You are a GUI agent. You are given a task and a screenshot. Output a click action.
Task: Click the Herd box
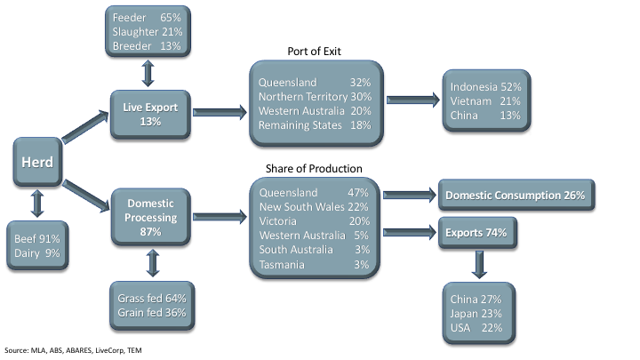click(36, 163)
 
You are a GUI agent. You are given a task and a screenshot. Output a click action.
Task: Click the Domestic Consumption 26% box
click(515, 195)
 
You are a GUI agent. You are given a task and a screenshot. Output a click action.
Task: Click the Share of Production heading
click(316, 169)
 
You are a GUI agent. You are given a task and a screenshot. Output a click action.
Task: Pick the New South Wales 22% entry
click(315, 207)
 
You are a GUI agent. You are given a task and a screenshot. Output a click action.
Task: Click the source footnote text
click(72, 349)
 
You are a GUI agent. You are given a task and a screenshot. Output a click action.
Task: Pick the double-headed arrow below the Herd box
click(36, 204)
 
